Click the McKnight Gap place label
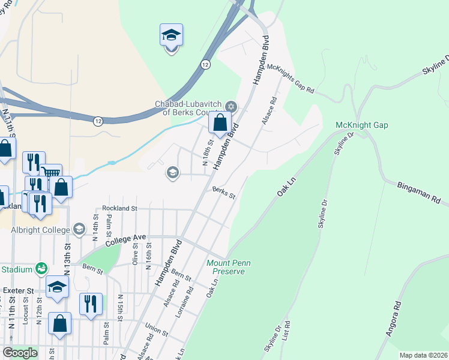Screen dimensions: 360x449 pos(361,125)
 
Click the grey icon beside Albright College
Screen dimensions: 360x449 pos(79,229)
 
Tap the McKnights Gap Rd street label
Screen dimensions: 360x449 pos(291,80)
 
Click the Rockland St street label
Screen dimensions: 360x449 pos(120,208)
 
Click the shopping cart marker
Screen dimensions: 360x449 pos(51,175)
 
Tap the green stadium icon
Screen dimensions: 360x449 pos(41,268)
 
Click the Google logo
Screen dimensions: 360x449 pos(20,353)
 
